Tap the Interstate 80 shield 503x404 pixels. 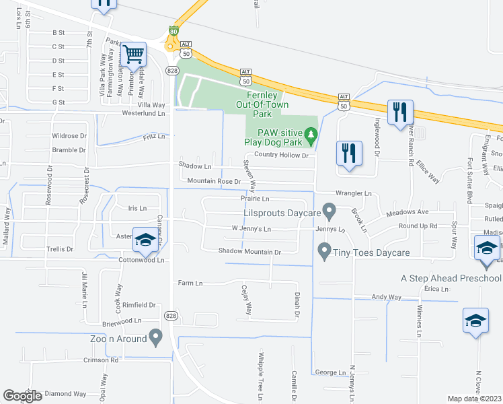pos(173,30)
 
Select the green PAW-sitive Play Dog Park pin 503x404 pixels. pos(310,137)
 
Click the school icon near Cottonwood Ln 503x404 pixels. pos(145,239)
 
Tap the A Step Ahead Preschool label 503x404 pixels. pos(451,279)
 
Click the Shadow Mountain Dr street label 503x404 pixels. pos(248,252)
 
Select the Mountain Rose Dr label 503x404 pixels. pos(213,181)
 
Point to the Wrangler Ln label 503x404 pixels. pos(354,193)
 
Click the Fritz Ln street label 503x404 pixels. pos(153,137)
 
